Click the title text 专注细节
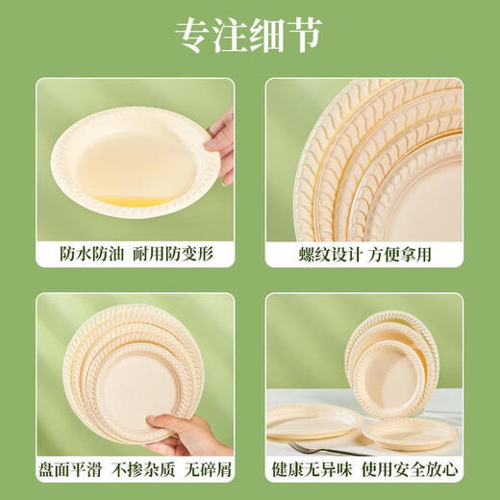pos(249,37)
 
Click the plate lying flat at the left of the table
pos(312,420)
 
